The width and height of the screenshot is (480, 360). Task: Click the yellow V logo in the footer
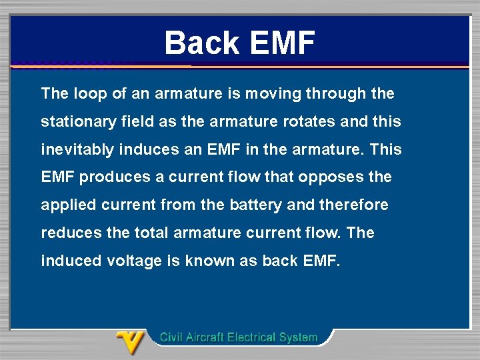pyautogui.click(x=131, y=343)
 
